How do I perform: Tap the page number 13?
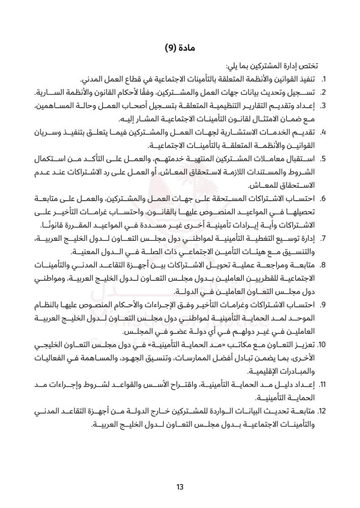[179, 488]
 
